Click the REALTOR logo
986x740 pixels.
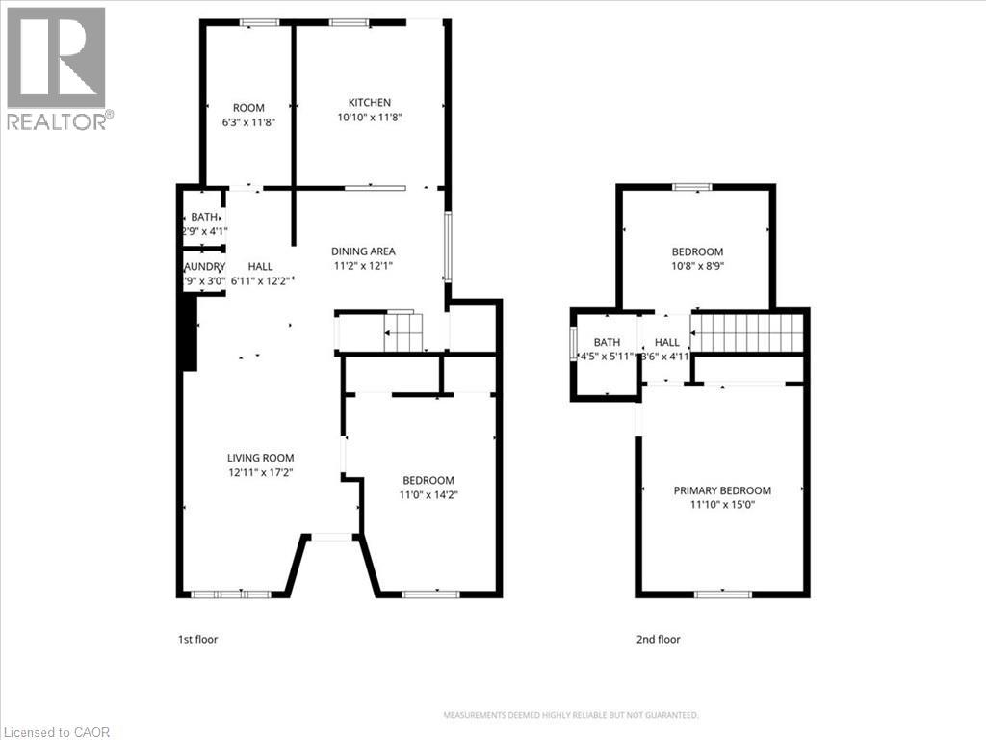57,67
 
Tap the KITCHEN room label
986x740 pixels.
370,103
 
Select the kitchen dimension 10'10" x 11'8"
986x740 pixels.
370,118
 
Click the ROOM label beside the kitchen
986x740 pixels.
248,108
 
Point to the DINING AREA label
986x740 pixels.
364,251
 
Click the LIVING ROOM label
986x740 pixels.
260,459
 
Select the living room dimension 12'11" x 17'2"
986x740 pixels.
260,473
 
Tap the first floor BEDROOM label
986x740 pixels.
428,481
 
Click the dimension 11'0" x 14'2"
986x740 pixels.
428,495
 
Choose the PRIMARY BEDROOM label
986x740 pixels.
722,490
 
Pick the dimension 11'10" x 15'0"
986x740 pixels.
722,504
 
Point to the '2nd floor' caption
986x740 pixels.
658,639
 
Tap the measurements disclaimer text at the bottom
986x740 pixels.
570,715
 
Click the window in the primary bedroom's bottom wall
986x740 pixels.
722,594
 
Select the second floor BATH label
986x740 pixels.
607,342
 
